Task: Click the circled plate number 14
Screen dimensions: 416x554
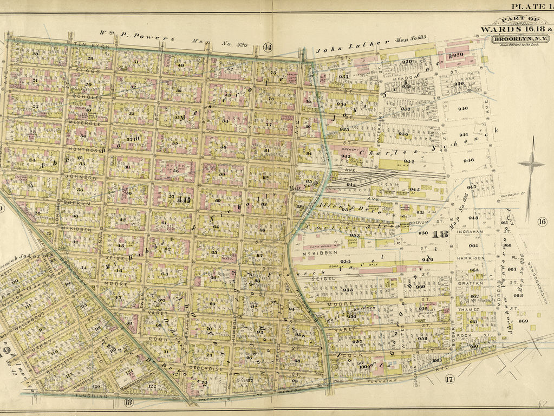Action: coord(268,47)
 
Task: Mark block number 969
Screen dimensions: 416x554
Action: coord(523,321)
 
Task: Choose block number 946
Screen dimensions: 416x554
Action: coord(468,160)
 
